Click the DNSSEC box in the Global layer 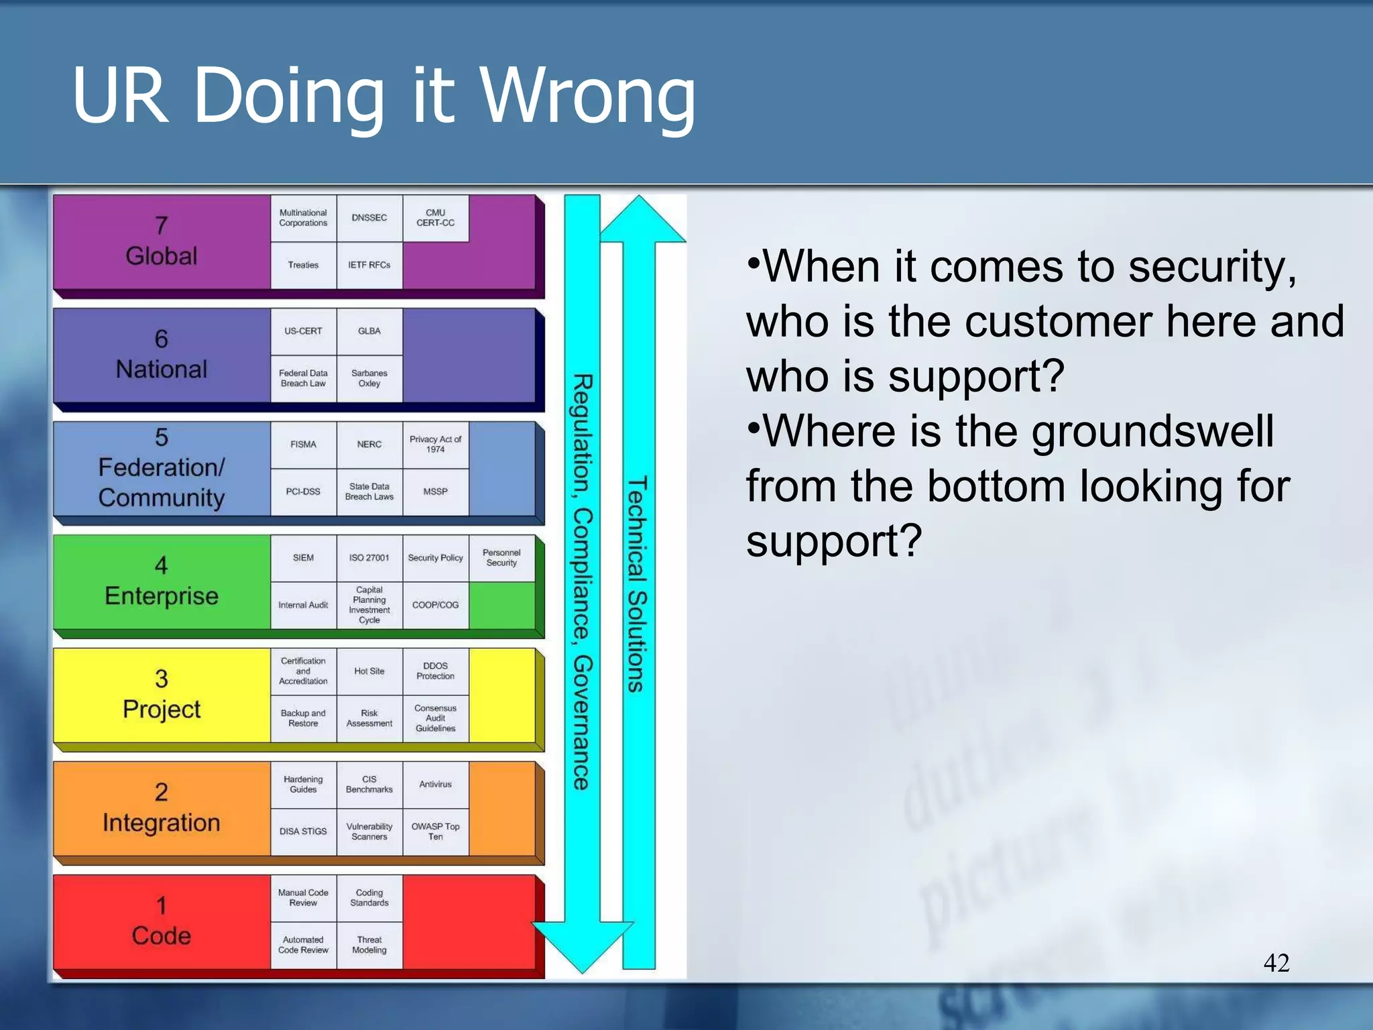point(369,218)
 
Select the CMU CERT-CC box point(435,218)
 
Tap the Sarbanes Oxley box point(369,378)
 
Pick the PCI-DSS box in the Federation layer point(303,492)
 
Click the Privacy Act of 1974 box point(435,444)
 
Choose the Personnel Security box point(501,558)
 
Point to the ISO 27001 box point(369,558)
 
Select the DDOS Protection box point(435,671)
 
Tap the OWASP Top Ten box point(435,832)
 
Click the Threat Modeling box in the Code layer point(369,945)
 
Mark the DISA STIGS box point(303,832)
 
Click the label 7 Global point(162,241)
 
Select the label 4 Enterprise point(162,581)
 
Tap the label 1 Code point(162,921)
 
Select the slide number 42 point(1276,963)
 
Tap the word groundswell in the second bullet point(1152,431)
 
